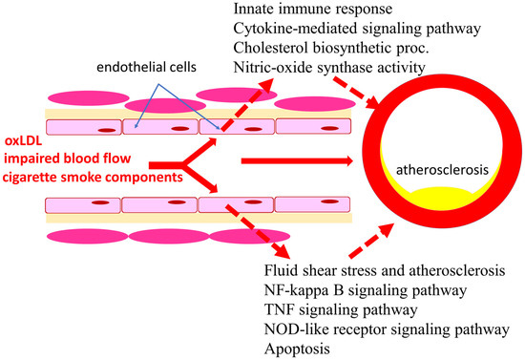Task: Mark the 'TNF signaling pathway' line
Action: (x=339, y=312)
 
